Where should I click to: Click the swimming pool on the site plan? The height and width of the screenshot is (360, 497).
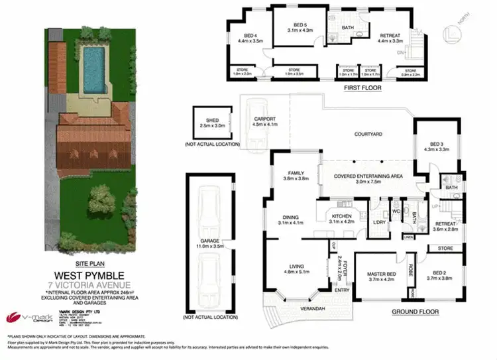pos(94,64)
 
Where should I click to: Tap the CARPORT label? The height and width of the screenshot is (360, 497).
pos(264,120)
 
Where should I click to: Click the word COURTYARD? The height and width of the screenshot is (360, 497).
pos(369,133)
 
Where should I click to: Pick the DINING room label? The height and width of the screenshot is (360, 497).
pos(291,217)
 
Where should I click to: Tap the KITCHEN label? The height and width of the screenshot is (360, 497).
pos(342,216)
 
